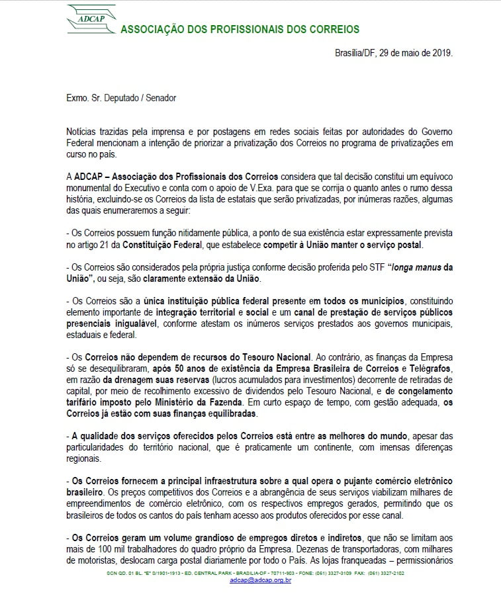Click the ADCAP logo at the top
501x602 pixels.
coord(91,19)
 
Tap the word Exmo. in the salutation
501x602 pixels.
coord(77,98)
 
